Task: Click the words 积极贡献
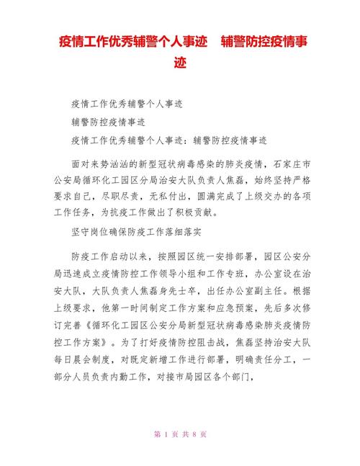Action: tap(204, 213)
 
